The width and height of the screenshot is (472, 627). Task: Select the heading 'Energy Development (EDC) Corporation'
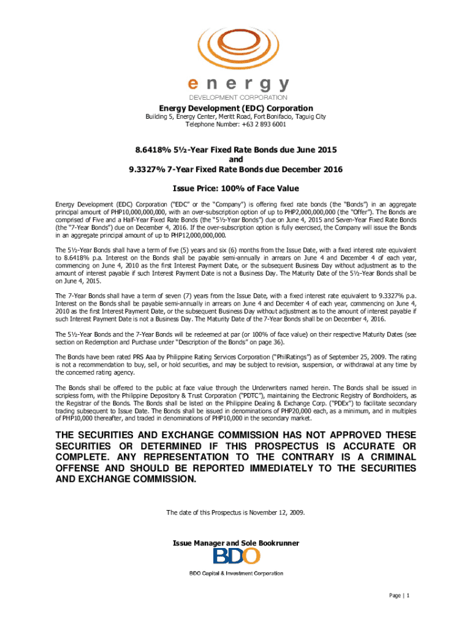[236, 108]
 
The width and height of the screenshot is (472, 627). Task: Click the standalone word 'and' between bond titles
[236, 159]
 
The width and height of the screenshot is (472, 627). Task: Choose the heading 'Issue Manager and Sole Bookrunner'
[236, 543]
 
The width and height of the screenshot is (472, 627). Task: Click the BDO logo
[237, 557]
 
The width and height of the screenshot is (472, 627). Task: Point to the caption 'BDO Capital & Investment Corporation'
[236, 574]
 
